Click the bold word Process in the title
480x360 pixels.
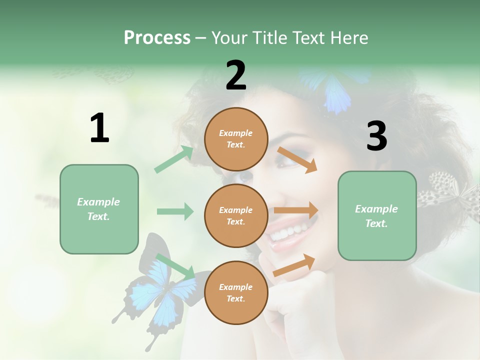(x=157, y=37)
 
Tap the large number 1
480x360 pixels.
(x=99, y=128)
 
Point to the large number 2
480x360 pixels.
(x=236, y=75)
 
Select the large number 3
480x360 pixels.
(x=376, y=136)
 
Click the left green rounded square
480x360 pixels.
(x=99, y=209)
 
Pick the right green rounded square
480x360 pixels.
(x=377, y=215)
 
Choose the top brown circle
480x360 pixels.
(x=236, y=139)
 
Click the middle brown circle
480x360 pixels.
(x=236, y=215)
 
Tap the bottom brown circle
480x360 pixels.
(x=236, y=292)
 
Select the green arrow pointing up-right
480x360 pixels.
(x=174, y=159)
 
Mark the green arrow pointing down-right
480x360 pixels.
(x=175, y=267)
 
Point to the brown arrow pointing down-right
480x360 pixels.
(x=297, y=159)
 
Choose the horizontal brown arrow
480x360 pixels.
(x=296, y=210)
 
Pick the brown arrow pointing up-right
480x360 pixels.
(x=294, y=265)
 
